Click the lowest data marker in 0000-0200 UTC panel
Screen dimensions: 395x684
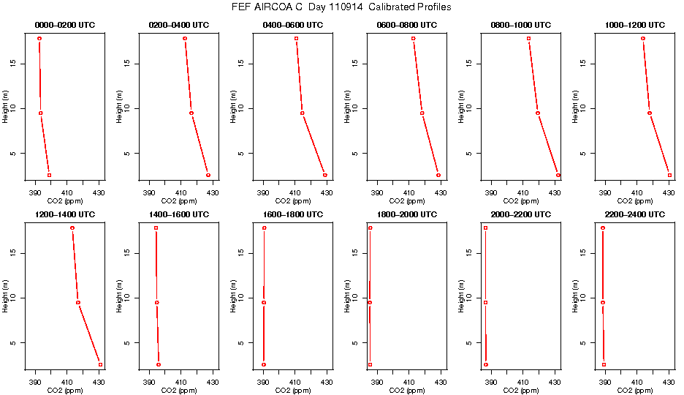click(49, 175)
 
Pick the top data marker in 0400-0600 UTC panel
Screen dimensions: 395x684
click(296, 38)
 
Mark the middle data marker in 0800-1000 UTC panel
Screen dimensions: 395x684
click(537, 113)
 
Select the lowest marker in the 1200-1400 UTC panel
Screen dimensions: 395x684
click(100, 364)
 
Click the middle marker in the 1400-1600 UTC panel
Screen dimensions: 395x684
click(156, 302)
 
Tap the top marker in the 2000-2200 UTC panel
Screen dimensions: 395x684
click(485, 227)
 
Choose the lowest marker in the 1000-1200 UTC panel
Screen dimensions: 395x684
click(669, 175)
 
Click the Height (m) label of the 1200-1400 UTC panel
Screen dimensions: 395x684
click(6, 298)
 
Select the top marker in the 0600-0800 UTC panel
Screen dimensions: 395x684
click(413, 38)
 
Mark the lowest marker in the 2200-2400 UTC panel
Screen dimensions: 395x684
click(604, 364)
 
